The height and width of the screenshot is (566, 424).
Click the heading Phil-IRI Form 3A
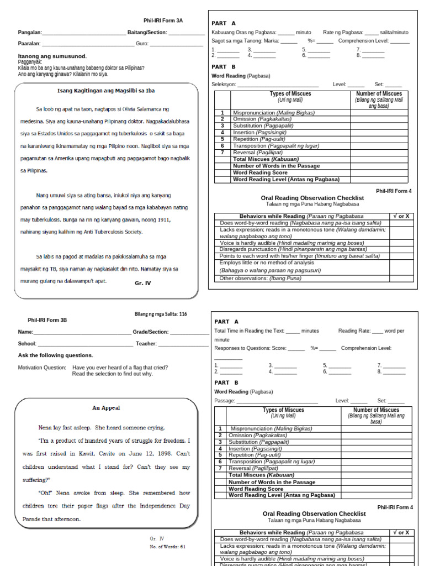pos(163,20)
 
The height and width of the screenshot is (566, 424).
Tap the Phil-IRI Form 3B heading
pos(47,320)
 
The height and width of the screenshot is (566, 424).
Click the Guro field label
pos(142,44)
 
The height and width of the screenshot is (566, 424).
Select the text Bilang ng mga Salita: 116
pos(161,314)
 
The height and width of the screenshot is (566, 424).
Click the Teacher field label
pos(146,344)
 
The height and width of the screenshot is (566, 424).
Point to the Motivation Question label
pos(43,368)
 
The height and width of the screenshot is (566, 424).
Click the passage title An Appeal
pos(106,408)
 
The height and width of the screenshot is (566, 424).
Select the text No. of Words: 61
pos(168,547)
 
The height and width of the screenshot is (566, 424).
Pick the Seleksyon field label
pos(224,85)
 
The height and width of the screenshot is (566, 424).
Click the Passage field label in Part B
pos(225,401)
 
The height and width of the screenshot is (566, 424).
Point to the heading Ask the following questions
pos(56,355)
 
